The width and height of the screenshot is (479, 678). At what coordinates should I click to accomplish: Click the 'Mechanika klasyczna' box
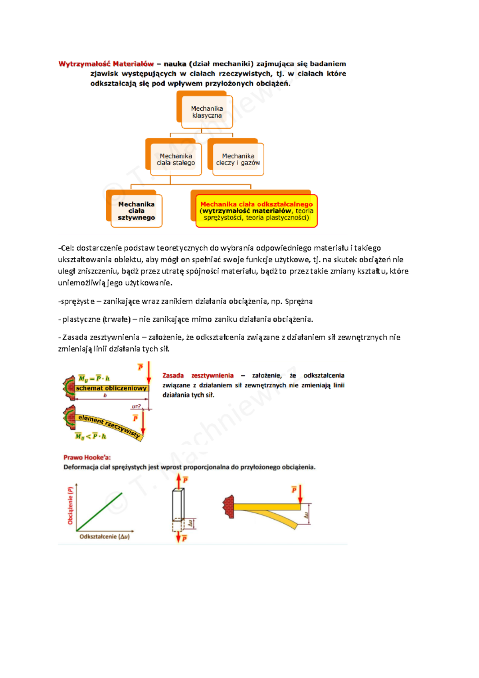207,112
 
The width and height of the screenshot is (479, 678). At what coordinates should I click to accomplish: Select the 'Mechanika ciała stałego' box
176,159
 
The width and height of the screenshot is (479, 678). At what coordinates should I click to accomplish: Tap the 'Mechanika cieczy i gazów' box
238,159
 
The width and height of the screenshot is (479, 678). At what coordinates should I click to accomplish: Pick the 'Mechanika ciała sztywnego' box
137,211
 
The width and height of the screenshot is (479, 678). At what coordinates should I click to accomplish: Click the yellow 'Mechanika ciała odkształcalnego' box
257,211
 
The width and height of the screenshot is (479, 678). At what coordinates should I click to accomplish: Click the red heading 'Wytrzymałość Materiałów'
106,64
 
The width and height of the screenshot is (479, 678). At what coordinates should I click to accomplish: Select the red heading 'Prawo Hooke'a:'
87,457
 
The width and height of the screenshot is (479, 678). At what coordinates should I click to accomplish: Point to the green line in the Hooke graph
99,512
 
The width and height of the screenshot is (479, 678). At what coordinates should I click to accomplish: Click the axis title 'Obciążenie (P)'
70,505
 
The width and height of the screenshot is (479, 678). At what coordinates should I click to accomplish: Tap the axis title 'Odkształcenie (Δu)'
105,536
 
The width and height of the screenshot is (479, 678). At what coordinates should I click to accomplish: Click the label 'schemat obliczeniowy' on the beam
111,388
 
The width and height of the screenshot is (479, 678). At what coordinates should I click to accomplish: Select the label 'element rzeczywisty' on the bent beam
109,426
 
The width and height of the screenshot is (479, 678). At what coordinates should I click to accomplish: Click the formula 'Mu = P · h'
94,378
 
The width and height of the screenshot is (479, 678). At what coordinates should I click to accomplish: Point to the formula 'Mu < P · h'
91,436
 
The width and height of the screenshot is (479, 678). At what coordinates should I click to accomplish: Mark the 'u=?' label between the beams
136,407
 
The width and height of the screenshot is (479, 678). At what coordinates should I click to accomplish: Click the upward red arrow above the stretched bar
178,481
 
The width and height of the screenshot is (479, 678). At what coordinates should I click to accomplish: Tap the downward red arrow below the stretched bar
178,536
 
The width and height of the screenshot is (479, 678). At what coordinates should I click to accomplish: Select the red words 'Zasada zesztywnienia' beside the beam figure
198,375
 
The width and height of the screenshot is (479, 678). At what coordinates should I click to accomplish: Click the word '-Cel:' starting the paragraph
66,248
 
